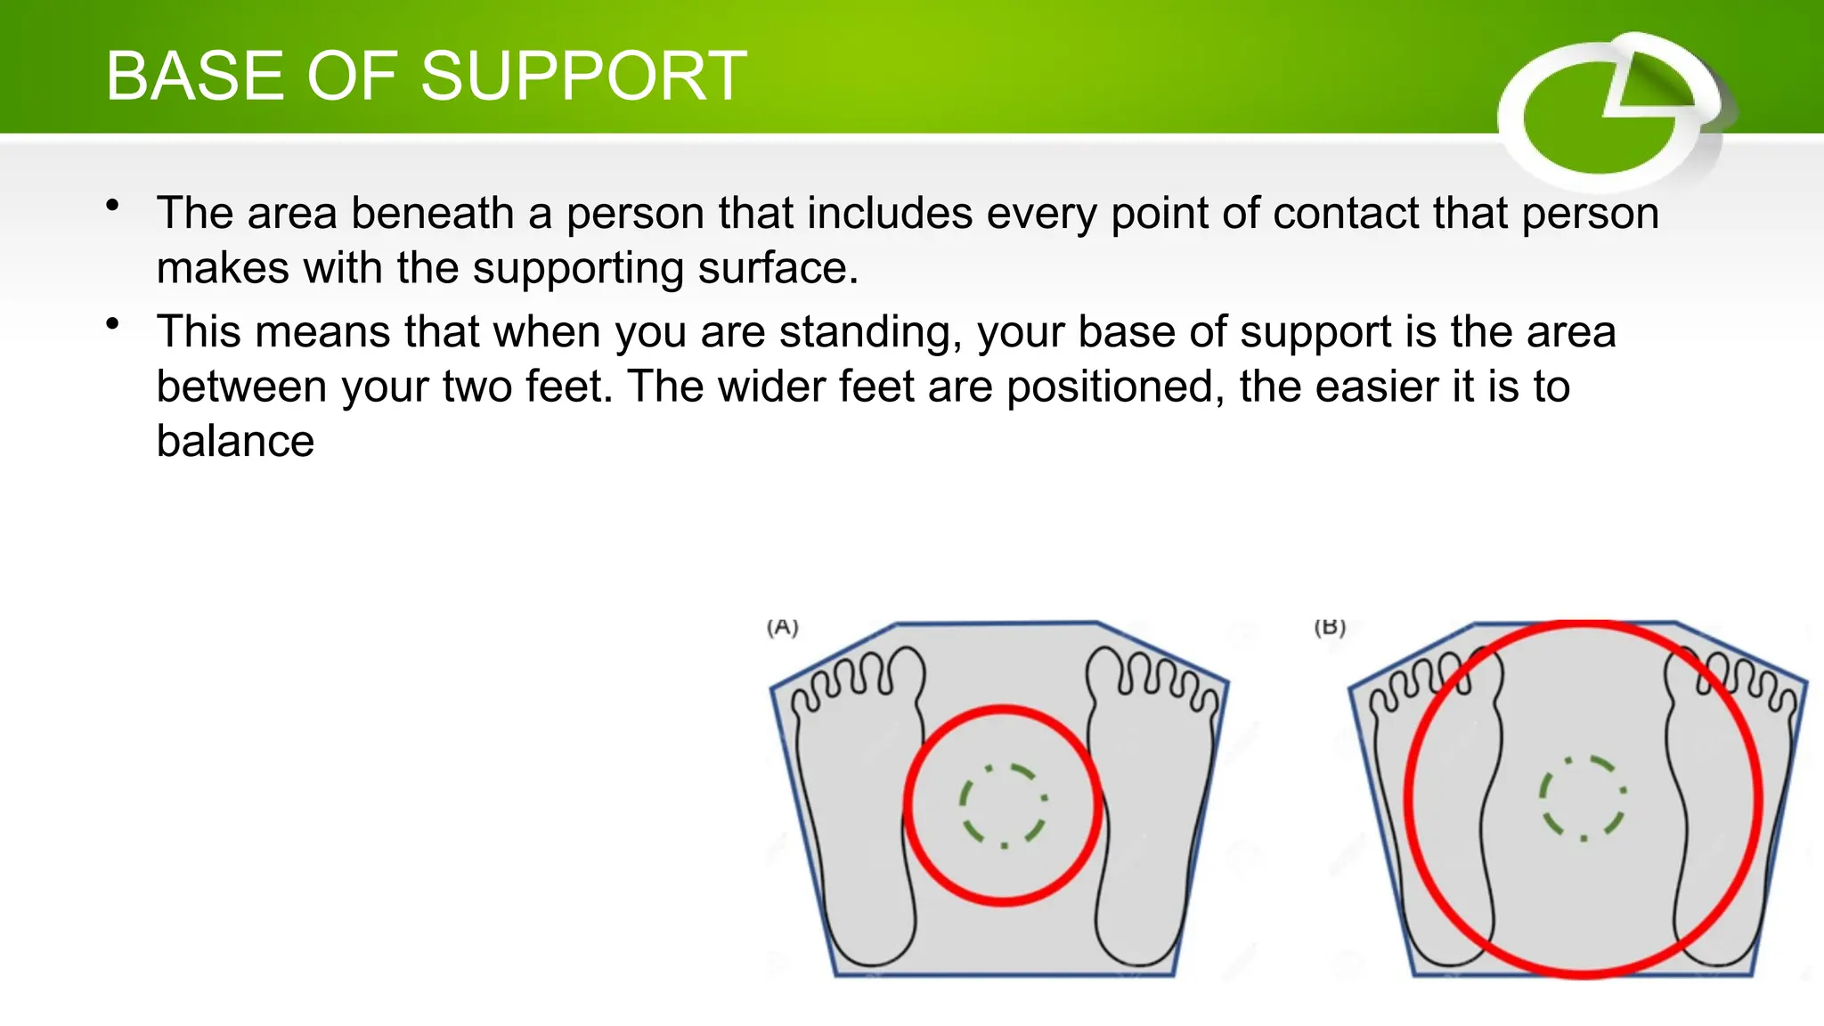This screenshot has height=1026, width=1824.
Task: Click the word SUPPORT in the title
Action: coord(583,77)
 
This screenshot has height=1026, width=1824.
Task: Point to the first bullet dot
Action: coord(112,207)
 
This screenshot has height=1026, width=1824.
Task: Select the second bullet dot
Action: coord(112,324)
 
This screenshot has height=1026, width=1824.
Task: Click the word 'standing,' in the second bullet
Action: coord(871,332)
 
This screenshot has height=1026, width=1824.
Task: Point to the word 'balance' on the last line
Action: coord(235,441)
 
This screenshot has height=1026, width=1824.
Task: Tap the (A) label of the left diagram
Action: coord(783,628)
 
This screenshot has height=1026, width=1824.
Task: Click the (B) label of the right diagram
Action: coord(1330,628)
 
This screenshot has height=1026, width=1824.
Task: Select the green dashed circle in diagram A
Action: coord(1003,805)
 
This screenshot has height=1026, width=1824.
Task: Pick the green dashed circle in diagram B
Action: coord(1583,798)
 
